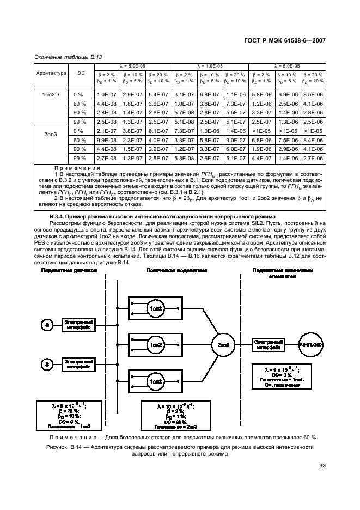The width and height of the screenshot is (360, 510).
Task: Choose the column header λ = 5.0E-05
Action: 287,66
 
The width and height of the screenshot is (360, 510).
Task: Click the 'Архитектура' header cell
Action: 52,73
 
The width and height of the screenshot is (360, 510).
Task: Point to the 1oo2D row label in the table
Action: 52,94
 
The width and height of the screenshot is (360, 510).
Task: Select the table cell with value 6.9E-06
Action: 287,94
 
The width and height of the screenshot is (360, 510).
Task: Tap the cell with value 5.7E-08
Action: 184,112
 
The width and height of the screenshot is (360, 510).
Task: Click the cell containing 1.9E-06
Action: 261,149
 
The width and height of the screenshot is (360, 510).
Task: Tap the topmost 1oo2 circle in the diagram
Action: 156,309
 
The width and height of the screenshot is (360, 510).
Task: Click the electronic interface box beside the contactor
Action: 268,345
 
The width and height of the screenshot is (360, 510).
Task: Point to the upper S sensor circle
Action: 48,325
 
